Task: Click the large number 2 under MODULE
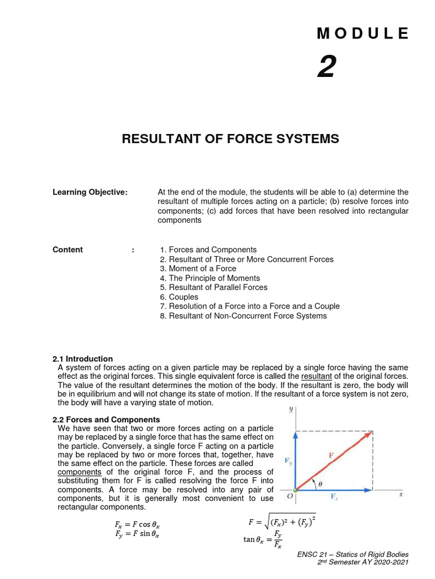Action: (x=326, y=69)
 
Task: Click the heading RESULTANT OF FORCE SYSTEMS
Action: (x=231, y=139)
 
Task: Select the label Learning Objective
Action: (x=90, y=192)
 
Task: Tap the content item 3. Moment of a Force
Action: (x=198, y=269)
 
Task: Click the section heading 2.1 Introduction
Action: (x=82, y=358)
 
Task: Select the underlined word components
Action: (x=79, y=472)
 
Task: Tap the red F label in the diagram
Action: (x=331, y=455)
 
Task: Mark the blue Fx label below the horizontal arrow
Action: (x=335, y=496)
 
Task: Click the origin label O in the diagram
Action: (x=289, y=496)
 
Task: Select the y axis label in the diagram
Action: (x=291, y=409)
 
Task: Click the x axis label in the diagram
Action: (x=400, y=494)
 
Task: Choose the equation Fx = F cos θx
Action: (x=134, y=525)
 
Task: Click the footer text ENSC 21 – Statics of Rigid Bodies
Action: (x=353, y=555)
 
